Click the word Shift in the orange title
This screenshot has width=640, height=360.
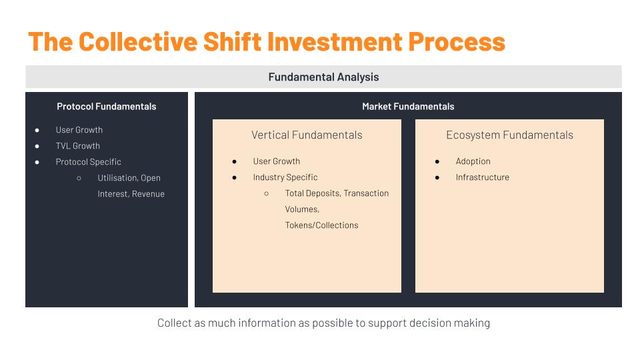[232, 41]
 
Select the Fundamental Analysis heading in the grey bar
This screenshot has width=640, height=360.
[324, 77]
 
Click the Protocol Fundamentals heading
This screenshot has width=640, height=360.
[107, 107]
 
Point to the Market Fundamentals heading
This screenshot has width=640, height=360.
[408, 107]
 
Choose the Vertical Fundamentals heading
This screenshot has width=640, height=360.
[307, 135]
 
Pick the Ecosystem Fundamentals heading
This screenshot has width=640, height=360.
[509, 135]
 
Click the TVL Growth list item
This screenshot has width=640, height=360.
[77, 146]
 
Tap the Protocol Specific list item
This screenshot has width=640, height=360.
[88, 161]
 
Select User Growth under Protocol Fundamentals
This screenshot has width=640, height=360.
[79, 130]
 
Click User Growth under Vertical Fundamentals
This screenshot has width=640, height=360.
[276, 161]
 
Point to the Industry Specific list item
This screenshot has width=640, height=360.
[285, 177]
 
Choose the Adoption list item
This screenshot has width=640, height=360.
[473, 161]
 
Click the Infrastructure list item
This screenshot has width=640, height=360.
[483, 177]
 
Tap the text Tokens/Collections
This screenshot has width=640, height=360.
[321, 225]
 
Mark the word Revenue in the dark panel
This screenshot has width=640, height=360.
[148, 194]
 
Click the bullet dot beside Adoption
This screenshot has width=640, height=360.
[437, 161]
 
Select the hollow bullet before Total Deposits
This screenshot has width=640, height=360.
[266, 193]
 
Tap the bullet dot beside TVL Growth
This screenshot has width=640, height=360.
[37, 146]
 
